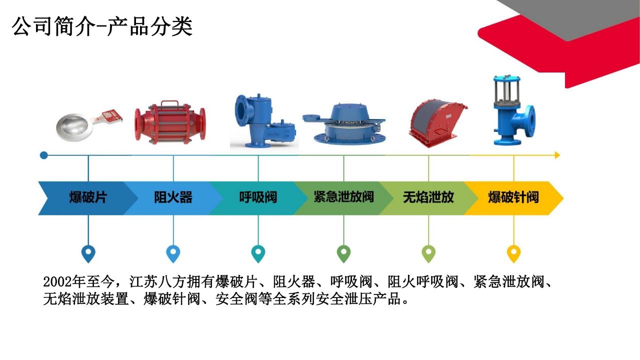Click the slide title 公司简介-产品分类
102,26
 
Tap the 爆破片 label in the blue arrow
88,197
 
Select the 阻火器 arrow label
173,197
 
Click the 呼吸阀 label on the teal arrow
258,197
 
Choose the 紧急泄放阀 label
343,197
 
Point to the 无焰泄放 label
428,197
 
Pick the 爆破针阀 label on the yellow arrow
513,197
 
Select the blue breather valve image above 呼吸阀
264,121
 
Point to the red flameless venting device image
437,123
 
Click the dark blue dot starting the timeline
43,155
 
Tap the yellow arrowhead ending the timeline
557,155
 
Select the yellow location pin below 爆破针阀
513,253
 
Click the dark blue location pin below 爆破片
88,253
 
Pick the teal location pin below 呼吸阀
258,253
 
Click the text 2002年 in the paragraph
64,282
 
